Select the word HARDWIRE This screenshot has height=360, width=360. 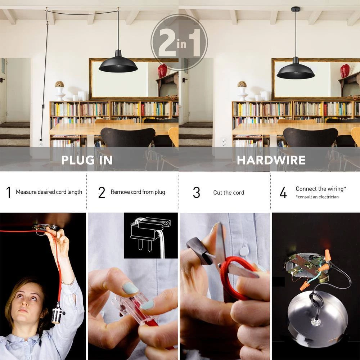[271, 160]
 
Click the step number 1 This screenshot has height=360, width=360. [8, 193]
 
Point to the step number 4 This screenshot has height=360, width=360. [283, 193]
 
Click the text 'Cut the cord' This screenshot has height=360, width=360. [229, 193]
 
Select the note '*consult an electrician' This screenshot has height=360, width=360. [317, 197]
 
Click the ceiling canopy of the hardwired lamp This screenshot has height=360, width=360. [296, 9]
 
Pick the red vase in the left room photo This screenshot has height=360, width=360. [162, 71]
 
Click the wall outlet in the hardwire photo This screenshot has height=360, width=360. [223, 141]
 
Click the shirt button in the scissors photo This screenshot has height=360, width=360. [245, 248]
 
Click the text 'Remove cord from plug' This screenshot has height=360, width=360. [138, 192]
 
